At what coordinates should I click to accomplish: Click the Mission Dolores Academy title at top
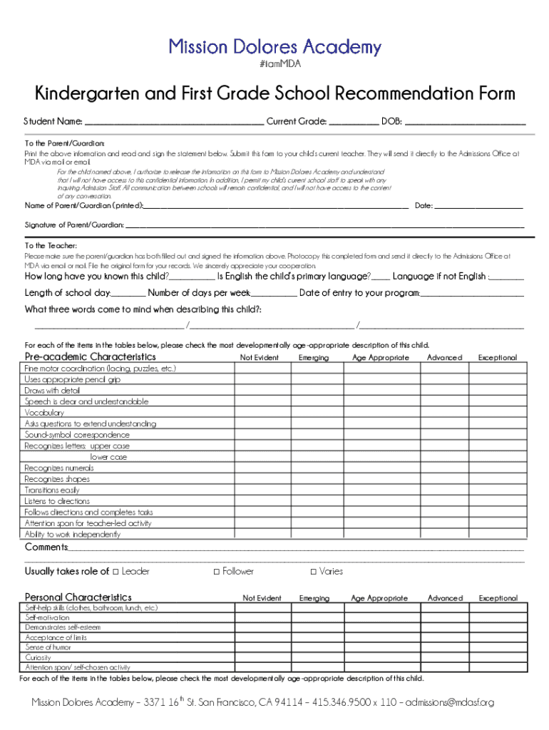pos(274,48)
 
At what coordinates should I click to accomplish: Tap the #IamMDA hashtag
pos(274,64)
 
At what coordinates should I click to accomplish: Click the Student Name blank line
pos(173,121)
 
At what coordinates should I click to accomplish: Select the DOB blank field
pos(465,121)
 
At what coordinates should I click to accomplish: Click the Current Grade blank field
pos(354,121)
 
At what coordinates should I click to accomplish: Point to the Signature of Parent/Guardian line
pos(324,225)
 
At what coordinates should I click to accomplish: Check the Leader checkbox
pos(116,571)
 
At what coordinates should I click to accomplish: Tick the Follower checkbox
pos(217,571)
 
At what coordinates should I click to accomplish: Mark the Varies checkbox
pos(314,571)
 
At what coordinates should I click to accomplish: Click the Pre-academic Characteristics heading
pos(90,356)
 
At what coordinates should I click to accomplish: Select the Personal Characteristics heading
pos(78,597)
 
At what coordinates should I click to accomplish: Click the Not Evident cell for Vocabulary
pos(262,413)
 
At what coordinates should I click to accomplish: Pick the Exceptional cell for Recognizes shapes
pos(498,479)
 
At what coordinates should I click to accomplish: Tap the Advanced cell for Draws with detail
pos(444,391)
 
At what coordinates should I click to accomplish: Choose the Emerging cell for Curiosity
pos(315,657)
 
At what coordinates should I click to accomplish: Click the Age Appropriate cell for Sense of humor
pos(379,647)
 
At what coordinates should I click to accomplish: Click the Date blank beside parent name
pos(478,206)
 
